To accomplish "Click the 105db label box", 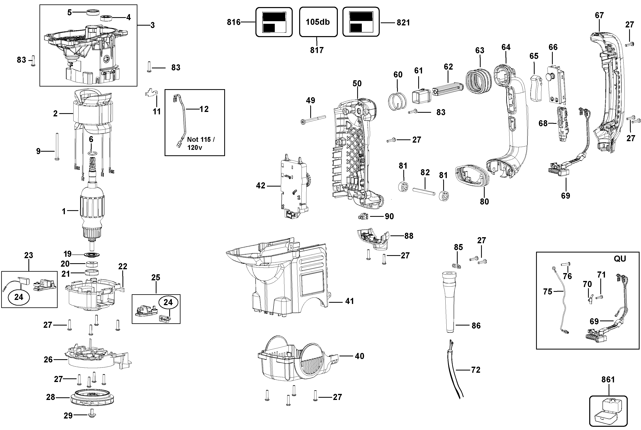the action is pyautogui.click(x=318, y=22).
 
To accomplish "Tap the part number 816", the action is pyautogui.click(x=234, y=22).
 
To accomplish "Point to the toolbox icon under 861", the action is pyautogui.click(x=608, y=411).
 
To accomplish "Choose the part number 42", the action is pyautogui.click(x=260, y=186).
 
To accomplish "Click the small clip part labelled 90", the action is pyautogui.click(x=363, y=217).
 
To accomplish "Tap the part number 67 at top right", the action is pyautogui.click(x=599, y=15).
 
